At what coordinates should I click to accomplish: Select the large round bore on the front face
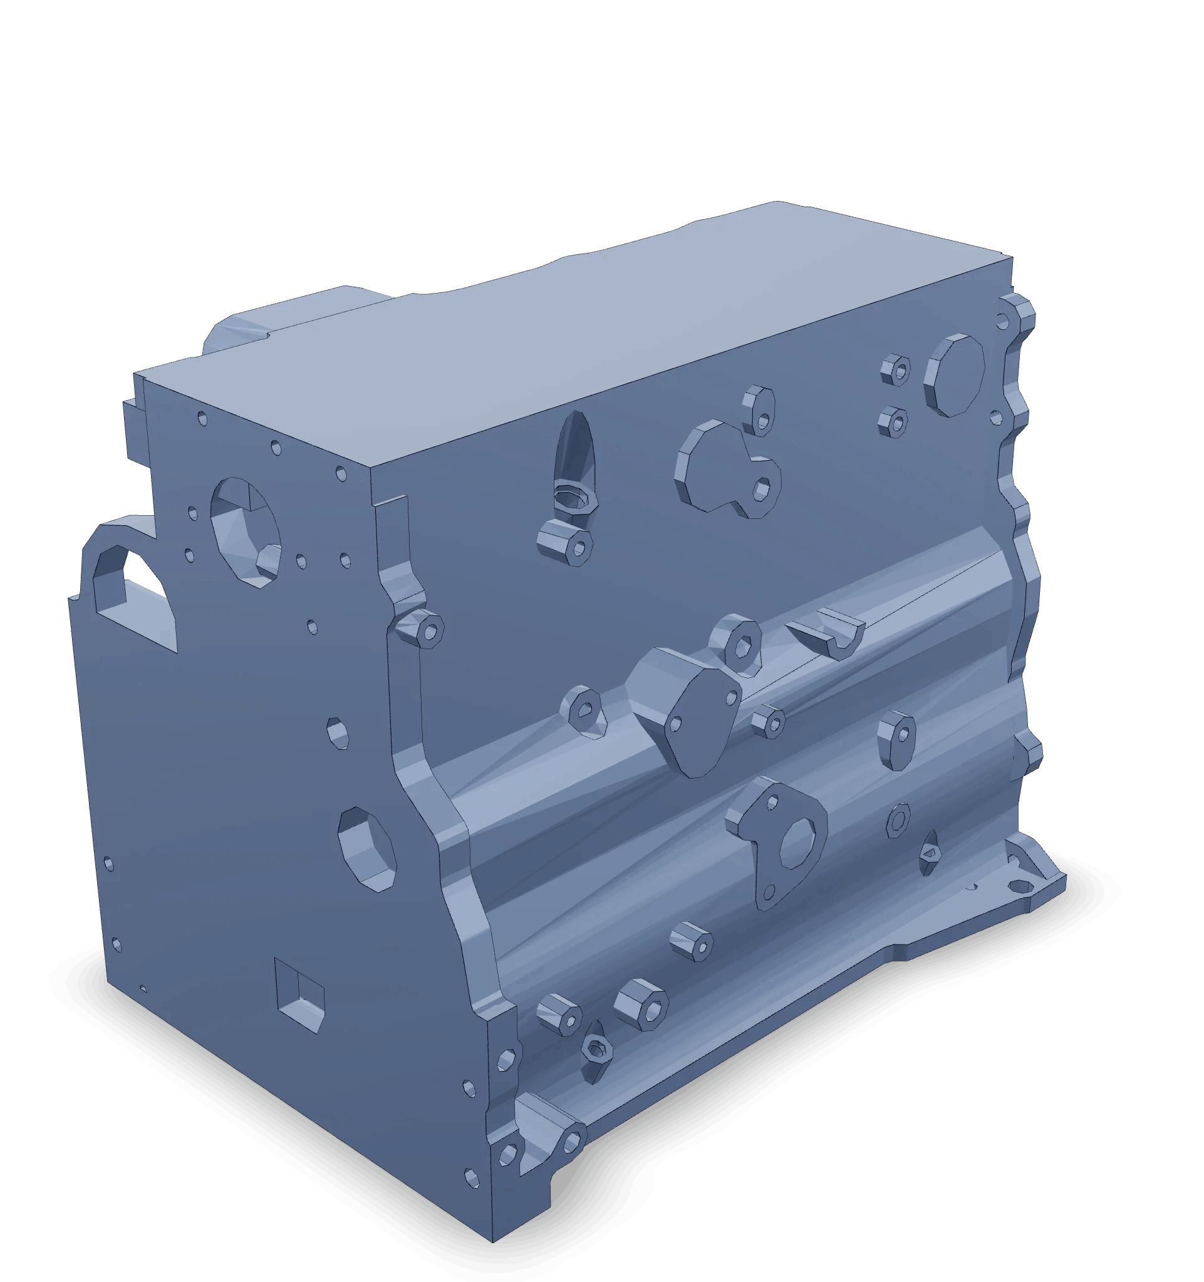246,531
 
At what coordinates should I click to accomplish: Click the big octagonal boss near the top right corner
955,375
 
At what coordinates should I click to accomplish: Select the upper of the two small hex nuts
896,370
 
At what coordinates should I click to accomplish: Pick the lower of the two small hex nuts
894,423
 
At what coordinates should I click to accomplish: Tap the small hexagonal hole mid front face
338,732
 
